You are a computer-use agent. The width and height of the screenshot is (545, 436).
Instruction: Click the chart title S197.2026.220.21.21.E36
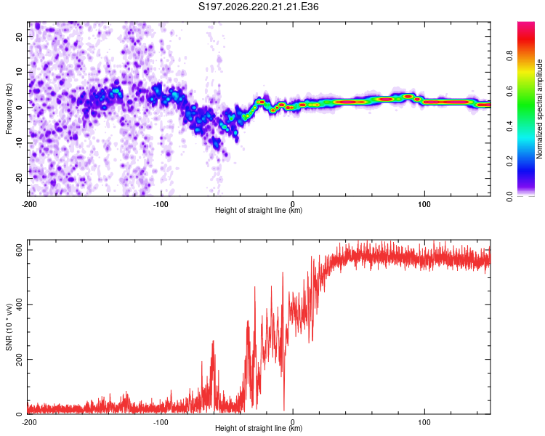pyautogui.click(x=258, y=7)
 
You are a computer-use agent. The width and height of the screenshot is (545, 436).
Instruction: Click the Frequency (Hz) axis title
pyautogui.click(x=9, y=109)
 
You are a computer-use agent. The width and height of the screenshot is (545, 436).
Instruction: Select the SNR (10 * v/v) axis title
pyautogui.click(x=9, y=327)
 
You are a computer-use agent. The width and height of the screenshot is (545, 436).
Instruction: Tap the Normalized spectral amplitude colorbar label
pyautogui.click(x=539, y=109)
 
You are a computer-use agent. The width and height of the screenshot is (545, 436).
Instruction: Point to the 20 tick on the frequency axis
pyautogui.click(x=20, y=36)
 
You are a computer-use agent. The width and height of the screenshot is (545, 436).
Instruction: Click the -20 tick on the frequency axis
pyautogui.click(x=20, y=178)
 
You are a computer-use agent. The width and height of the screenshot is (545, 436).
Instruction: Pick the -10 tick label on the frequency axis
pyautogui.click(x=20, y=143)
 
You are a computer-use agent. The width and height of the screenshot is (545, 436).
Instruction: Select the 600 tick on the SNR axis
pyautogui.click(x=20, y=250)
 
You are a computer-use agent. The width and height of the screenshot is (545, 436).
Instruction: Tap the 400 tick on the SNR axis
pyautogui.click(x=20, y=304)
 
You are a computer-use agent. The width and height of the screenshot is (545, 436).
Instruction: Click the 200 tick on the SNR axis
pyautogui.click(x=20, y=359)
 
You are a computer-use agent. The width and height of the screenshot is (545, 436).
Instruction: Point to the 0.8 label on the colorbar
pyautogui.click(x=509, y=56)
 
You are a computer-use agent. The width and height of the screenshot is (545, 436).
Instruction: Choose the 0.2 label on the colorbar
pyautogui.click(x=509, y=161)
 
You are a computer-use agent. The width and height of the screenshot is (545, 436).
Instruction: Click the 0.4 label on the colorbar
pyautogui.click(x=509, y=126)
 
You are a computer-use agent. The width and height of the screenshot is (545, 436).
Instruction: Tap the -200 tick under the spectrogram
pyautogui.click(x=29, y=204)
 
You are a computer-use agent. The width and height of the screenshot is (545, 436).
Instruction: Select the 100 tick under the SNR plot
pyautogui.click(x=424, y=422)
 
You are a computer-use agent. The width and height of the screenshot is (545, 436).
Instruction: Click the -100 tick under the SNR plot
pyautogui.click(x=161, y=422)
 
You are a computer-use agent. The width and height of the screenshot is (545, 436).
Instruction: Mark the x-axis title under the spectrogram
pyautogui.click(x=259, y=210)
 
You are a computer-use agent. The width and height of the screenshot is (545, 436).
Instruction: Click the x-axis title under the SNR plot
pyautogui.click(x=259, y=428)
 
